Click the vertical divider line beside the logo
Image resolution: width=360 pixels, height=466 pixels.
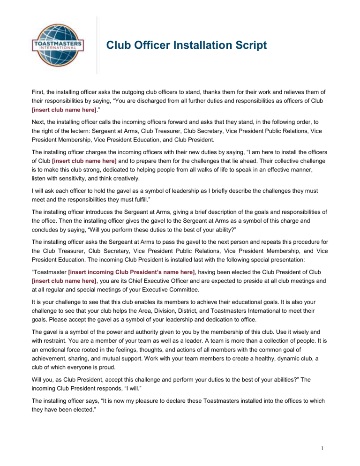tap(97, 45)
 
